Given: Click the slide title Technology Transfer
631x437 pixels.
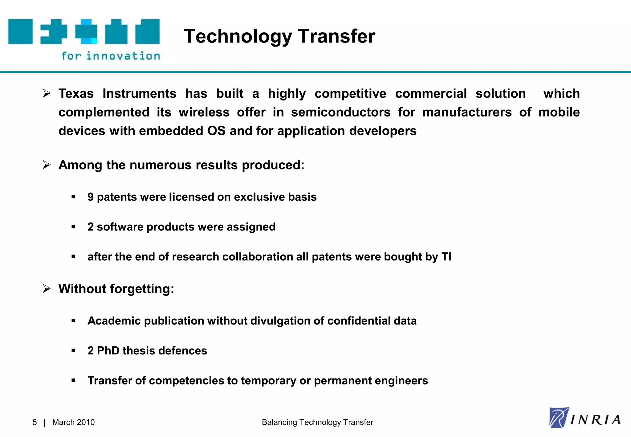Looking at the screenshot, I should (x=279, y=36).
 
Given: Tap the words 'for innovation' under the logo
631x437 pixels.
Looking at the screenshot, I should (x=111, y=56).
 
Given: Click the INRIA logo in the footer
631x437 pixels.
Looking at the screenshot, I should (x=584, y=418).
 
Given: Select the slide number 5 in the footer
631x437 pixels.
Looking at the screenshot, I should (x=35, y=422).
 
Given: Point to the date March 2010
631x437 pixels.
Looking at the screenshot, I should (x=73, y=422).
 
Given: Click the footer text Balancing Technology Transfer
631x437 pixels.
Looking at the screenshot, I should (x=317, y=422).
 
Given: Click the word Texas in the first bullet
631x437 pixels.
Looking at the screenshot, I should (x=76, y=93).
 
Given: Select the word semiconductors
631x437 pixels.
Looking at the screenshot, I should (x=341, y=112).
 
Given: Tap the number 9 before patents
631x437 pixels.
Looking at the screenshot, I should (x=90, y=197).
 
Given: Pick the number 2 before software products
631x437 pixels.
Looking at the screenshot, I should (x=90, y=227).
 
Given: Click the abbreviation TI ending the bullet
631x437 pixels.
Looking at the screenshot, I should (x=446, y=257).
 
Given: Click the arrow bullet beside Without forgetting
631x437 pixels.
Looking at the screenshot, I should (x=47, y=289).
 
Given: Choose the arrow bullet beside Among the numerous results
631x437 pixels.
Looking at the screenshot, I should (x=47, y=165).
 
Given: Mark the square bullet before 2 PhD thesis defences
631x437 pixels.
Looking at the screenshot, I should (x=73, y=351).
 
